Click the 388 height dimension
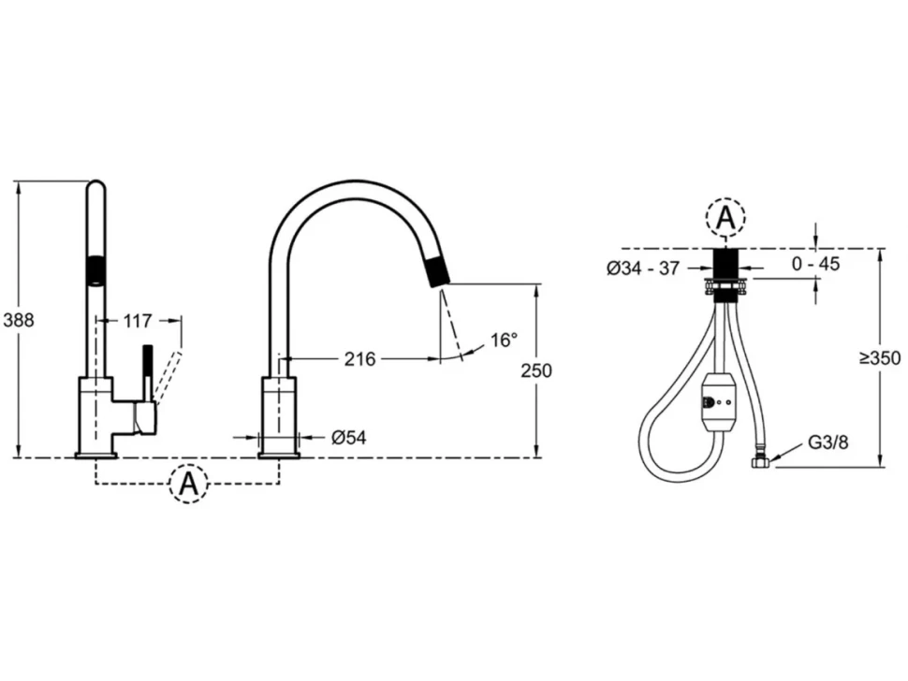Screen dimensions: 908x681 18,320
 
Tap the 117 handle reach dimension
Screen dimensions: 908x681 138,321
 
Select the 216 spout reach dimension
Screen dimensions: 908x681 359,359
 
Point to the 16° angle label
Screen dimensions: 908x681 504,340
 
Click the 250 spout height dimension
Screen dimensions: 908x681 536,370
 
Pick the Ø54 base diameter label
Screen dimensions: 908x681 348,438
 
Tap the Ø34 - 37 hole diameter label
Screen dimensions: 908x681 643,268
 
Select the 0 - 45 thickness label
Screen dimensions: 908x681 816,264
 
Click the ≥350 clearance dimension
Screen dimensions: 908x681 880,358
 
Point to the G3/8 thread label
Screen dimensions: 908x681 828,442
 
